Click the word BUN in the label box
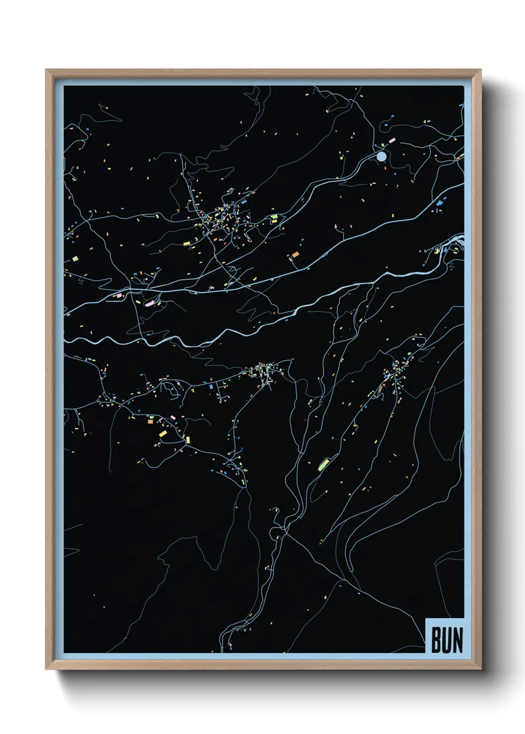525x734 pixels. pos(447,640)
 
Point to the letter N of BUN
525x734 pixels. pos(458,640)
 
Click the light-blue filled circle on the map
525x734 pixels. pos(381,157)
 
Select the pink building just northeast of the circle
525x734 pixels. pos(392,141)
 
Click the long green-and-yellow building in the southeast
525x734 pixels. pos(324,465)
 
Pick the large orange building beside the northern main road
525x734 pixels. pos(295,254)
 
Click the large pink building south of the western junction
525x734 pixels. pos(149,303)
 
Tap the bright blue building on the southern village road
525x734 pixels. pos(211,385)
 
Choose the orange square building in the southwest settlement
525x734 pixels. pos(150,422)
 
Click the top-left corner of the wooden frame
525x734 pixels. pos(46,70)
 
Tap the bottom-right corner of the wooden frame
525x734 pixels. pos(480,669)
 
